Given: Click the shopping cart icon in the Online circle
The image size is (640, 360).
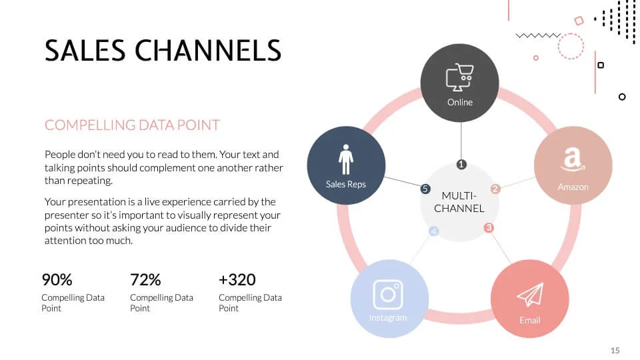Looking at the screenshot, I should tap(459, 77).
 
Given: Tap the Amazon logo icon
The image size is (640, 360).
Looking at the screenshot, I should tap(573, 159).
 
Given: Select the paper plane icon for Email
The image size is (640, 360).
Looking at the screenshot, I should tap(530, 295).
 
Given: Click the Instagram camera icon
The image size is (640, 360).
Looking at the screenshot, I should tap(388, 294).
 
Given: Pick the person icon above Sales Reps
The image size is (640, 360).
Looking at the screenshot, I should tap(345, 159).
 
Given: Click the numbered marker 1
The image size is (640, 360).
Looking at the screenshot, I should tap(461, 164).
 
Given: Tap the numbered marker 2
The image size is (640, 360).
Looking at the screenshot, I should tap(495, 189).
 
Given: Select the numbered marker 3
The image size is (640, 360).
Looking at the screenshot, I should tap(489, 228).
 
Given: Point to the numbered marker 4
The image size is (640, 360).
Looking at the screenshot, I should tap(434, 231).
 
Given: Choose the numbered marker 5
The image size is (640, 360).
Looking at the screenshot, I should tap(425, 189).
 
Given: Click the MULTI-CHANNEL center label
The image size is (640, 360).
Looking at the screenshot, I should tap(459, 202).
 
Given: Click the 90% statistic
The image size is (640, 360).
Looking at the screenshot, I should tap(57, 279).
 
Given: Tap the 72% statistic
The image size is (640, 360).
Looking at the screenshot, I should tap(145, 279).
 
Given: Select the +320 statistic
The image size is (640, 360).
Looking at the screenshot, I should tap(237, 279).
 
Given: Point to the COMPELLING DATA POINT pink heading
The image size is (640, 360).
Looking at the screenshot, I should tap(132, 125).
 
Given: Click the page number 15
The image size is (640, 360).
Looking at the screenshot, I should tap(615, 350).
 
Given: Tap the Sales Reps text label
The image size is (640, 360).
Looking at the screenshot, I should tap(345, 184).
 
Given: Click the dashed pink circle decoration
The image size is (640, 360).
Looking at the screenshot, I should tap(571, 47).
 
